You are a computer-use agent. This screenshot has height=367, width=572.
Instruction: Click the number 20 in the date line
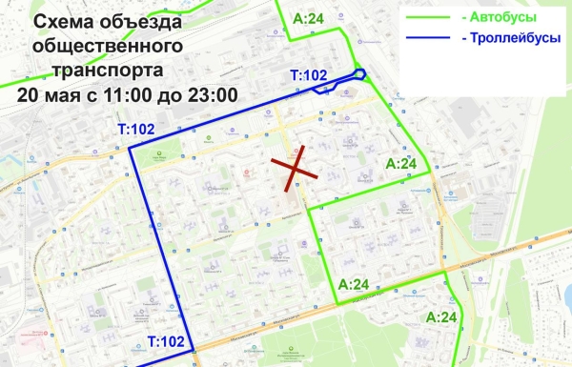click(x=29, y=94)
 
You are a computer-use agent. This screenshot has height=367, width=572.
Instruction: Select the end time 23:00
click(x=211, y=94)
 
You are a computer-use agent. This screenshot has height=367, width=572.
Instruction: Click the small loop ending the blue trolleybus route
click(x=359, y=75)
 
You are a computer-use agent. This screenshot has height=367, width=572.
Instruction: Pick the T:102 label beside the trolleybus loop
click(x=308, y=74)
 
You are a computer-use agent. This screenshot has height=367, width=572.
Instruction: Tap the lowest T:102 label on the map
click(x=165, y=341)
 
